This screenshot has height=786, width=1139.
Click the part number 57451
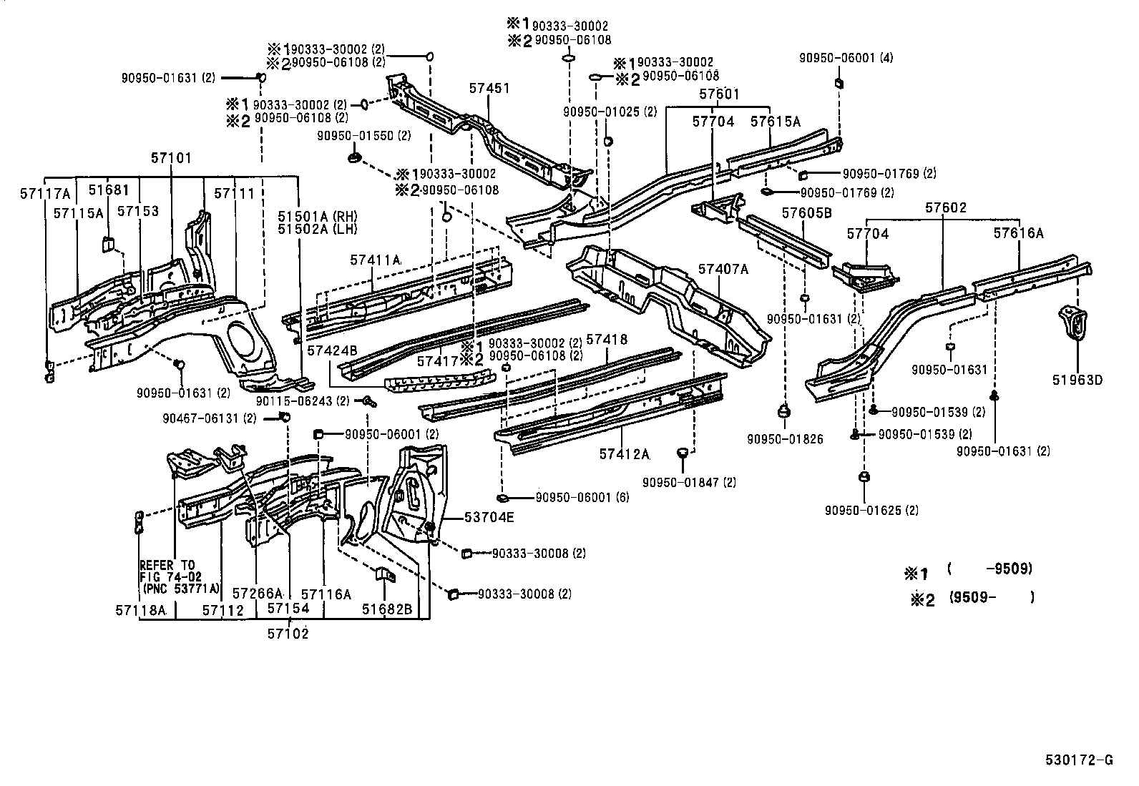[x=489, y=88]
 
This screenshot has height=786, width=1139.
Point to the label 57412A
[x=624, y=454]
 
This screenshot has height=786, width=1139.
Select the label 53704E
[x=489, y=516]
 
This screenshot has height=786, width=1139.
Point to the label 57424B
[x=332, y=350]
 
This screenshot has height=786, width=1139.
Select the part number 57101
[x=171, y=157]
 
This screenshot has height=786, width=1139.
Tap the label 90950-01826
[x=785, y=439]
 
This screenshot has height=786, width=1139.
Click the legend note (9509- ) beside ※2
[x=992, y=597]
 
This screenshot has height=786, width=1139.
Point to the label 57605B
[x=806, y=212]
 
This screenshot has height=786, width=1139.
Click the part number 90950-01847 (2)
[x=688, y=482]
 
